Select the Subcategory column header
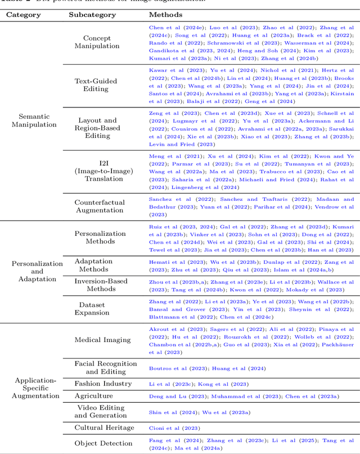point(92,15)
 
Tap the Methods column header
point(165,15)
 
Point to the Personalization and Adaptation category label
point(37,271)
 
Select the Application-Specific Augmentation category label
point(35,388)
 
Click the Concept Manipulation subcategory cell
point(97,42)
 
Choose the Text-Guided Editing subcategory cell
point(96,85)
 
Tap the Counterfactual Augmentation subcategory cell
point(99,206)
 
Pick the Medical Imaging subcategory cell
point(102,340)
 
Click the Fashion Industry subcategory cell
point(103,384)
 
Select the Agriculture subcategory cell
point(97,396)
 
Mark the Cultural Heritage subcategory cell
point(104,428)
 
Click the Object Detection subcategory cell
point(103,443)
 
